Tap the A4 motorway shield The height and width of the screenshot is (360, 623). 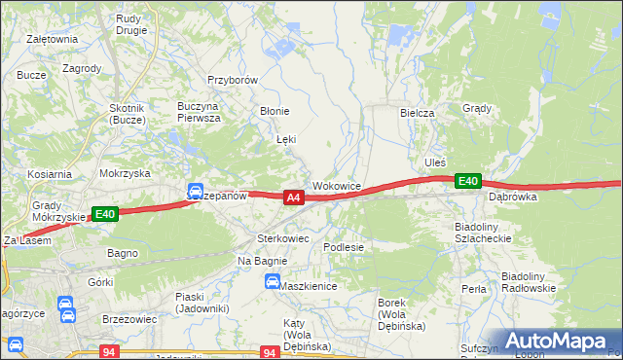tap(293, 198)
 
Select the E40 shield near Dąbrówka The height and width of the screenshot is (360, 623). tap(468, 180)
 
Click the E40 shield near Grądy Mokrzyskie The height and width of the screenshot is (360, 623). tap(105, 214)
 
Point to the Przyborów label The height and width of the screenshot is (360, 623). tap(232, 81)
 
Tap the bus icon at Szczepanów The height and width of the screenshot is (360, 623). tap(195, 191)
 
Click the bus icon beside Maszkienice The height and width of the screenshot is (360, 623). tap(272, 282)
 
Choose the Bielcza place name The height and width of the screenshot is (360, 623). tap(417, 113)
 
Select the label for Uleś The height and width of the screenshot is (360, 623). tap(435, 162)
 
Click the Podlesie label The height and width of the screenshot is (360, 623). tap(344, 247)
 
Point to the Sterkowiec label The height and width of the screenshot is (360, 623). tap(282, 237)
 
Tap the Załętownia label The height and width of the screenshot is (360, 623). tap(53, 39)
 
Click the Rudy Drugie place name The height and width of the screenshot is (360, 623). tap(131, 24)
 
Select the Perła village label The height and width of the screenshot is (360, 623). tap(474, 289)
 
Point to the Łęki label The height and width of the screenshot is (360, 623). tap(285, 139)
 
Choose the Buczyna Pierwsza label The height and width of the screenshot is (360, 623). tap(199, 111)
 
